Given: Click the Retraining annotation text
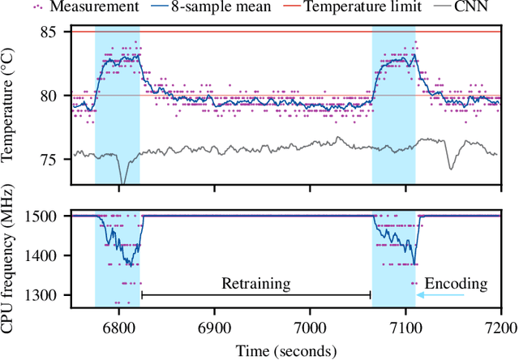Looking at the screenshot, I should coord(256,284).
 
